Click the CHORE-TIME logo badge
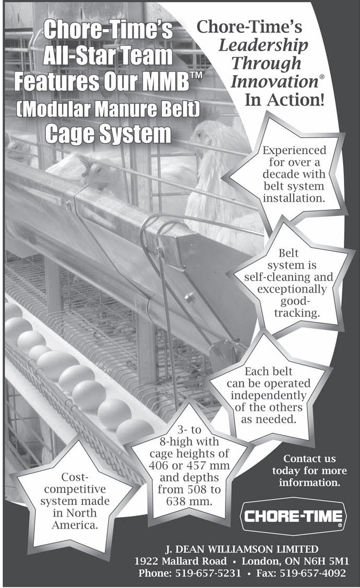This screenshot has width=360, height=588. click(293, 516)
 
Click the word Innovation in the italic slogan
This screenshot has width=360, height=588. click(271, 81)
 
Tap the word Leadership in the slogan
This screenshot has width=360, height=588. click(263, 45)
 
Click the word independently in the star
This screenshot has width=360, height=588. click(268, 395)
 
